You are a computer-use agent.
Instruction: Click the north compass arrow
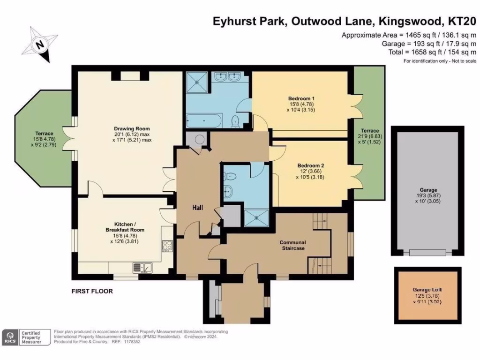[x=41, y=45]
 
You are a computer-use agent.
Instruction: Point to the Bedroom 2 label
[x=310, y=165]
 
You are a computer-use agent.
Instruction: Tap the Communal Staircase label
[x=292, y=245]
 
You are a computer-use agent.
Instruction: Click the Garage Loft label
[x=427, y=290]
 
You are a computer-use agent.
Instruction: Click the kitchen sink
[x=142, y=267]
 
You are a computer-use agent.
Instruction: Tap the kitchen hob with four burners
[x=167, y=245]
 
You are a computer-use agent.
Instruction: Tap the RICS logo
[x=10, y=337]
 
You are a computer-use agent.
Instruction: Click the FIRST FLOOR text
[x=92, y=291]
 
